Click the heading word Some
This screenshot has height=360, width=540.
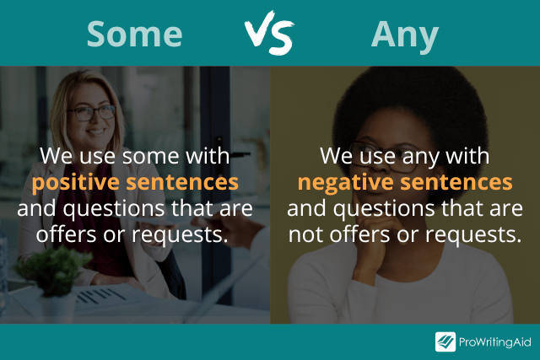coord(135,33)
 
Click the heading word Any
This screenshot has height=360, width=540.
coord(405,34)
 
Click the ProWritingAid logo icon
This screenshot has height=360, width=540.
coord(445,341)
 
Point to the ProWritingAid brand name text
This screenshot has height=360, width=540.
coord(495,341)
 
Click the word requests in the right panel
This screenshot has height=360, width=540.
coord(479,234)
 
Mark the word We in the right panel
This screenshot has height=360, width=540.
coord(334,157)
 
